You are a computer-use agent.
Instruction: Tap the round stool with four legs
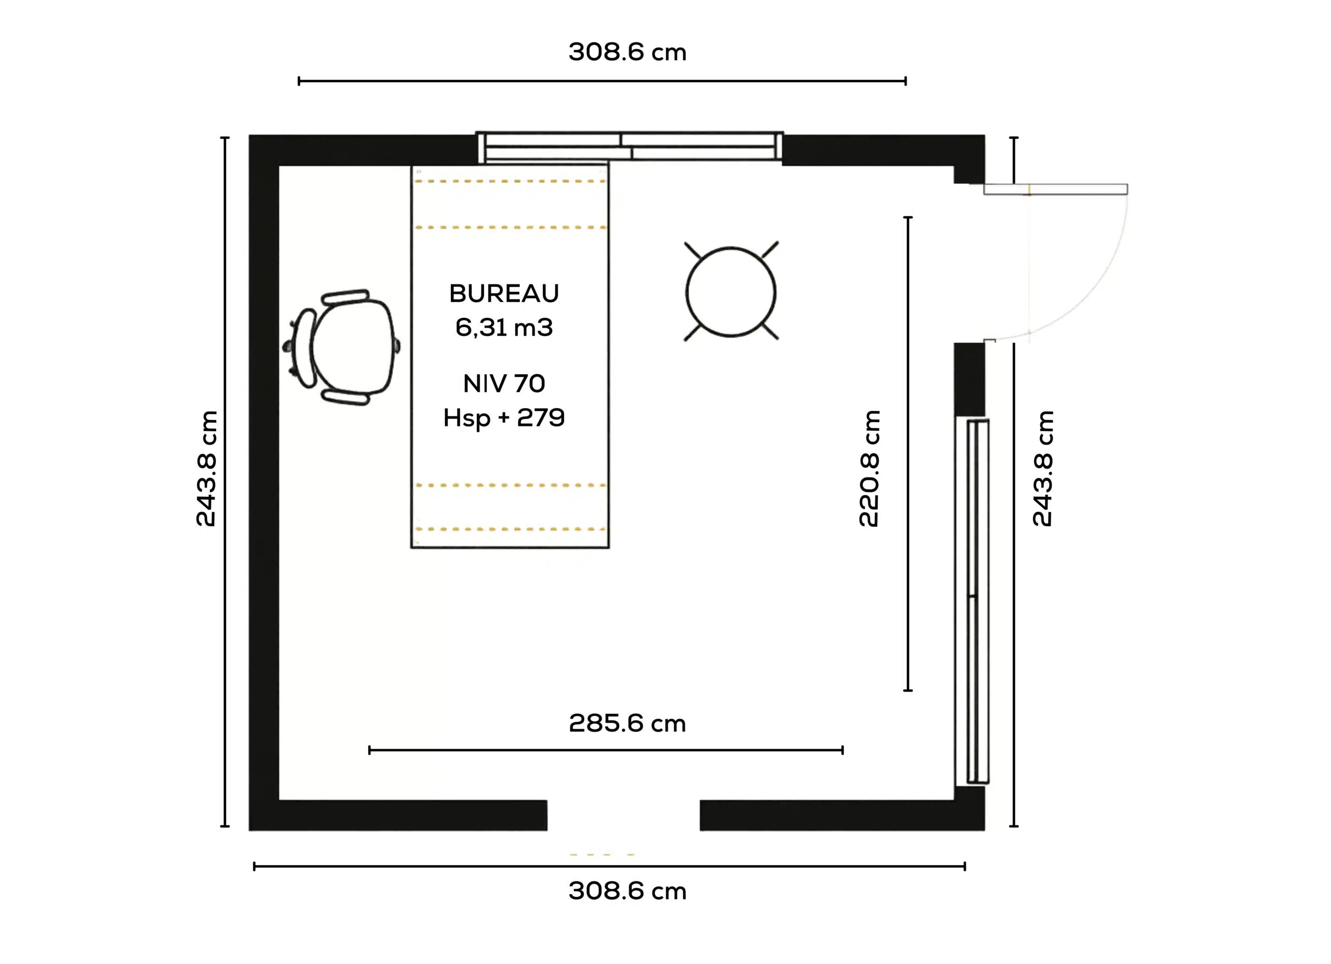730,292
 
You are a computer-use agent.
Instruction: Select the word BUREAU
504,293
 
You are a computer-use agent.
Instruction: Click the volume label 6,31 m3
504,327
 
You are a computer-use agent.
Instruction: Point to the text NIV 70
504,384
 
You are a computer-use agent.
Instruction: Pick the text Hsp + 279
504,418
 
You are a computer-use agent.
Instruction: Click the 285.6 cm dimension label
628,723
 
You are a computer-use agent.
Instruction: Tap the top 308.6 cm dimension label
628,51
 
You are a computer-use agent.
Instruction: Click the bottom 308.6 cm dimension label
628,891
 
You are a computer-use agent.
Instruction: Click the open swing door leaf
1055,189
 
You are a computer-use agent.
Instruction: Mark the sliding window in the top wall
629,147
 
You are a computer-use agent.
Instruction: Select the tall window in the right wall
972,602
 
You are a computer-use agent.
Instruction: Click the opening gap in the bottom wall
623,815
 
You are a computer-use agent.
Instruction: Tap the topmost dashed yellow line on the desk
510,181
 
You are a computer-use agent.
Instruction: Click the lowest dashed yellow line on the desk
510,529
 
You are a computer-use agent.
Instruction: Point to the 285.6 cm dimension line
606,750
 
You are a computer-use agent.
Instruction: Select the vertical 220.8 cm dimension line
908,453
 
